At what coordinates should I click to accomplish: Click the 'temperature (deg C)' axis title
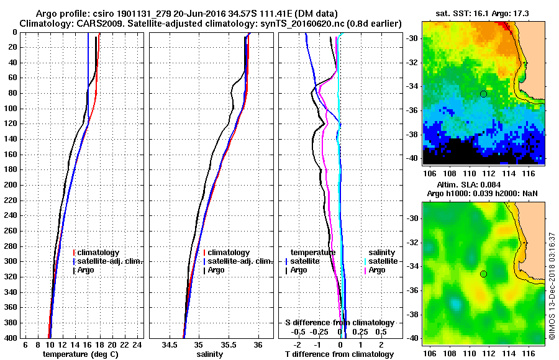tap(81, 354)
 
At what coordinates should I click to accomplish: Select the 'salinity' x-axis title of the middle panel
tap(211, 354)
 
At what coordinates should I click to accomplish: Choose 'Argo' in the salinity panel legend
tap(216, 270)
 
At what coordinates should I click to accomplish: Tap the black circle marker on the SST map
tap(483, 94)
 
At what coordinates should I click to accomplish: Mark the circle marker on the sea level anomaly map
tap(483, 274)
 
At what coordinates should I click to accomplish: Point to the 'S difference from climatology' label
tap(339, 323)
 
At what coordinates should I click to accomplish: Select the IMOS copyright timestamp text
tap(552, 286)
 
